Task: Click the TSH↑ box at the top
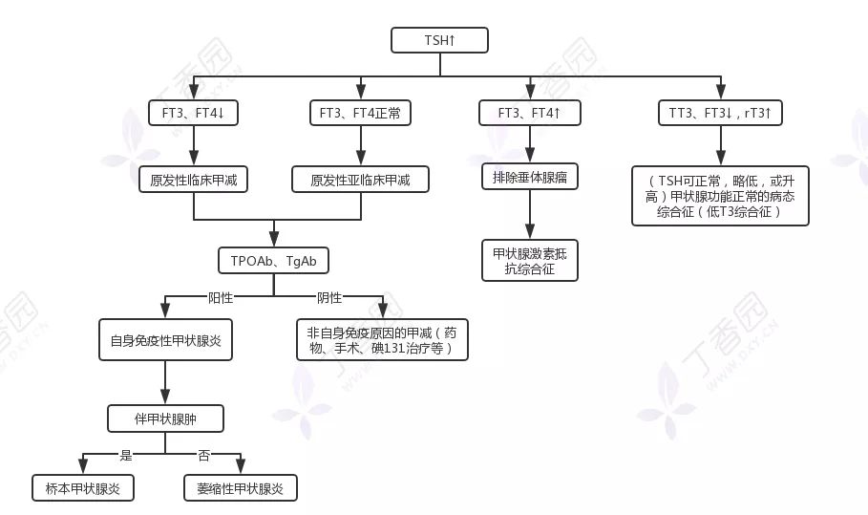pos(439,40)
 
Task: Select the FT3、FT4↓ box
pos(193,113)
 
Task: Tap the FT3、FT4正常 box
pos(360,113)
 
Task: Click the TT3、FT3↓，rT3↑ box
pos(720,113)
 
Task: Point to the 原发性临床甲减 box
pos(193,179)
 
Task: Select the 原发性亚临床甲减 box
pos(360,179)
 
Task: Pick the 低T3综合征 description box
pos(720,196)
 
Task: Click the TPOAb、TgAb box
pos(273,261)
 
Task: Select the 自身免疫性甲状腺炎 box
pos(166,339)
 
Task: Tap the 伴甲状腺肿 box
pos(166,418)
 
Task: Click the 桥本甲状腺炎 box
pos(82,487)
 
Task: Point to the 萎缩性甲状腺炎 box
pos(240,487)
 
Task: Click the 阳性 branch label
pos(222,297)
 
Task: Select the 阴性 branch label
pos(328,297)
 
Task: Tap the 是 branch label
pos(125,455)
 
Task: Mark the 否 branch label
pos(203,455)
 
